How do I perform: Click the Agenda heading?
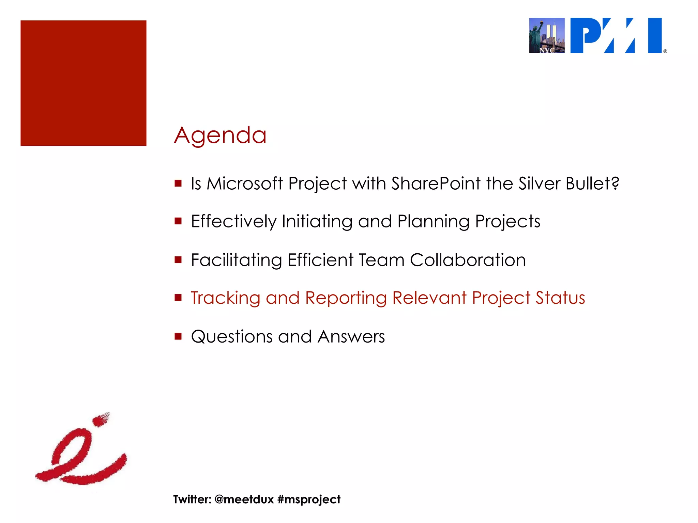pos(220,136)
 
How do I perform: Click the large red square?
pos(84,83)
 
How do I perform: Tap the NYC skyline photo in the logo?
pos(547,35)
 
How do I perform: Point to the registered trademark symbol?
pos(665,51)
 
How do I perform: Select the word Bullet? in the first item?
pos(592,184)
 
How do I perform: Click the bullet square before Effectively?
pos(178,221)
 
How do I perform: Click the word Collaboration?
pos(468,260)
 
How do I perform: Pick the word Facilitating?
pos(236,260)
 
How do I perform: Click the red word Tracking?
pos(225,298)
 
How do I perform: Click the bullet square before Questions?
pos(178,336)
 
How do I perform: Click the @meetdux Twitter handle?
pos(244,500)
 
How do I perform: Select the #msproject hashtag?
pos(309,500)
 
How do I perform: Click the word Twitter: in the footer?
pos(192,500)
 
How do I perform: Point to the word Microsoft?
pos(245,184)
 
